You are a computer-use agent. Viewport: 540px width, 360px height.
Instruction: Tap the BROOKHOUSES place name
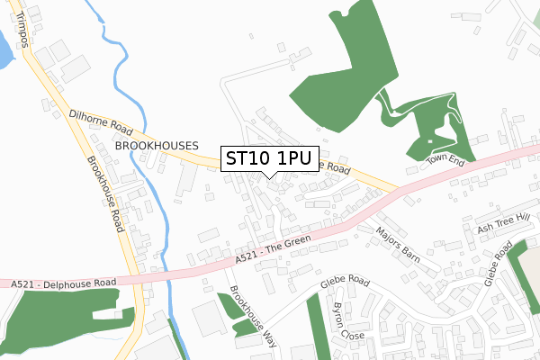148,145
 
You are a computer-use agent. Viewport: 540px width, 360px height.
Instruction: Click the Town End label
444,160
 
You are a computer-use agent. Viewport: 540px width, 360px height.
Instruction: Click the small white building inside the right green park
430,141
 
